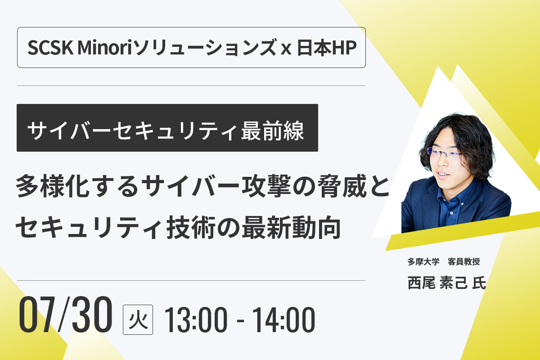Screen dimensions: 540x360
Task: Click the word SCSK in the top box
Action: (50, 48)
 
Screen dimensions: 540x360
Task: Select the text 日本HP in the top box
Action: (327, 48)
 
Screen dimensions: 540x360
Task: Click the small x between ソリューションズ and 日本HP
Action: (286, 49)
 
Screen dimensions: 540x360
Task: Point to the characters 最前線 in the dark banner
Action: (272, 130)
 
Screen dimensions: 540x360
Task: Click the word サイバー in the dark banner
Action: (69, 130)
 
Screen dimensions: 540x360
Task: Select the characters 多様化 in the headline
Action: (53, 186)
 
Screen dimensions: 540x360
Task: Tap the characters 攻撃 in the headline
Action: (266, 185)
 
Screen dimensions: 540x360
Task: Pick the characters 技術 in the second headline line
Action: (191, 227)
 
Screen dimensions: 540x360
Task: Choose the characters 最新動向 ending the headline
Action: (291, 227)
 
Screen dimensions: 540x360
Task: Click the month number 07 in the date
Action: (36, 315)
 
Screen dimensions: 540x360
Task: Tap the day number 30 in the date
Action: (92, 315)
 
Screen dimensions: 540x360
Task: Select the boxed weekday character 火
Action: (138, 320)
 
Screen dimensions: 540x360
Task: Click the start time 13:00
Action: (195, 320)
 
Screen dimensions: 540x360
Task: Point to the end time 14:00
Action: (283, 320)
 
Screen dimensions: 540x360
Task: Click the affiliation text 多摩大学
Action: (423, 261)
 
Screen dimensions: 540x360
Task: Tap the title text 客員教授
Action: (464, 261)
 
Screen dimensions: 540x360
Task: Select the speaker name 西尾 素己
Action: (437, 283)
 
